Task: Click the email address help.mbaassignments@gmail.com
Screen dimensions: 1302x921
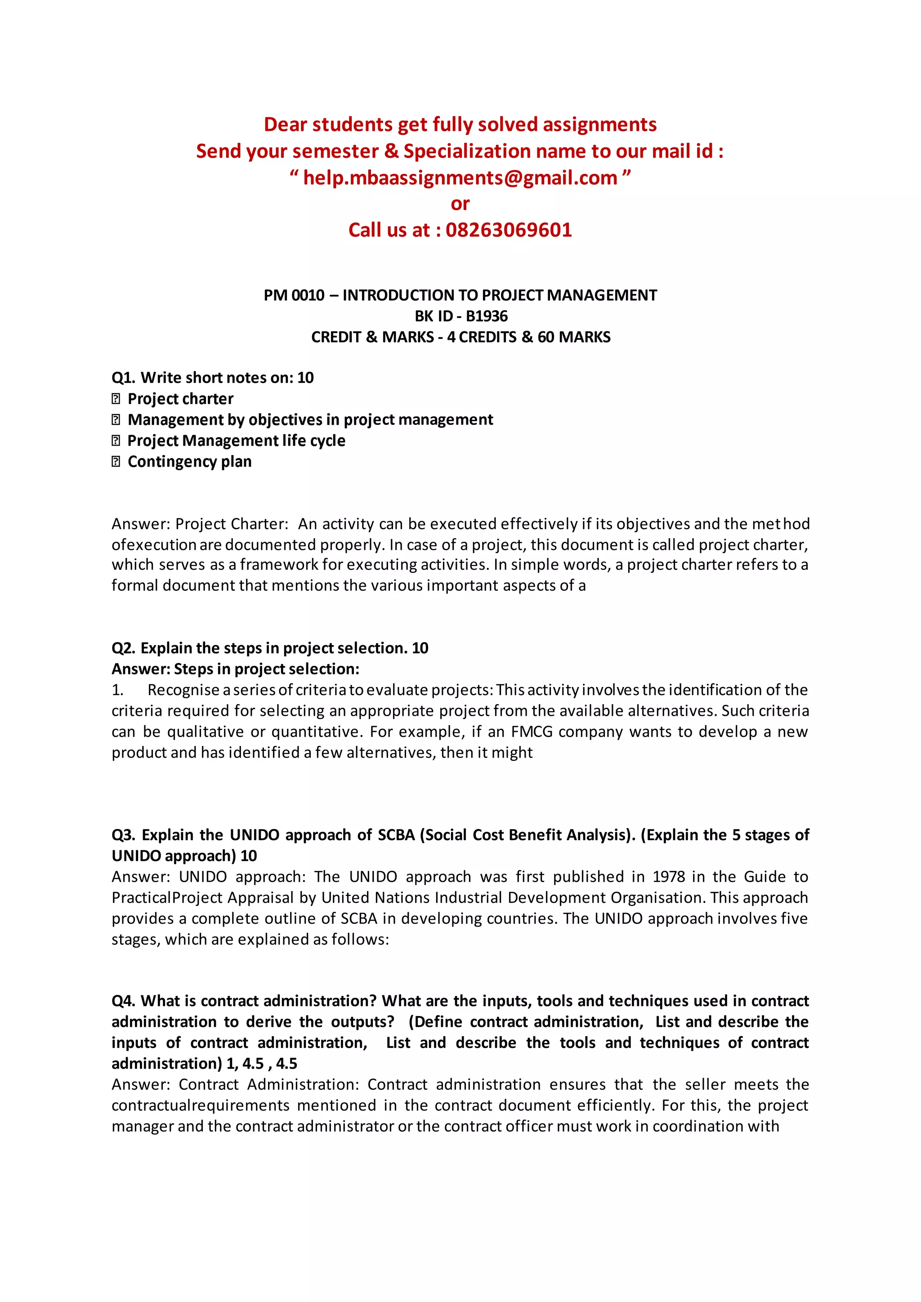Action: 460,178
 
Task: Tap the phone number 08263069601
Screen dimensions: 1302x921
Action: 509,230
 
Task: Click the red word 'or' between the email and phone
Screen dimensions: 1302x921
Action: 460,204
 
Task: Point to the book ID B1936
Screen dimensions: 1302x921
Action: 487,316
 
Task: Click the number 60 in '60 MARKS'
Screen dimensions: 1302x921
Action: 545,337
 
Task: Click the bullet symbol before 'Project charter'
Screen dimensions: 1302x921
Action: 116,399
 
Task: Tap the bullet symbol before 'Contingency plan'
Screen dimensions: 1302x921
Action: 116,462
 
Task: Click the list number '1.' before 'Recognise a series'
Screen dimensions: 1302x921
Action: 117,690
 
